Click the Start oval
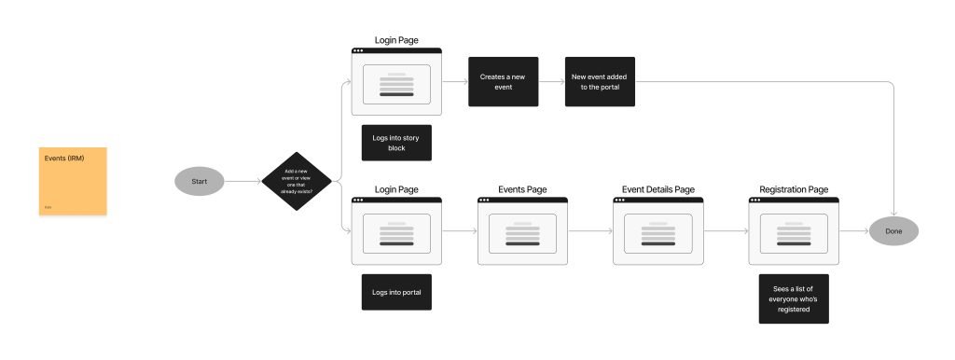coord(199,181)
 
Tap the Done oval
coord(893,230)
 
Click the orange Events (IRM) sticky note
coord(73,181)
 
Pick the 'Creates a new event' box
coord(503,81)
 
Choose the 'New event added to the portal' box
coord(601,81)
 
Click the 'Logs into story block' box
coord(396,144)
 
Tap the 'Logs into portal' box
coord(396,292)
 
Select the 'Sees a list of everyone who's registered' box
coord(794,298)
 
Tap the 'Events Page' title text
coord(522,190)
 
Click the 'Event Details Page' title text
coord(657,190)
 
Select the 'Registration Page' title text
coord(794,190)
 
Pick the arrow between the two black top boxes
coord(551,81)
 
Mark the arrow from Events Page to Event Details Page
coord(590,230)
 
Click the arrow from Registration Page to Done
coord(854,230)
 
